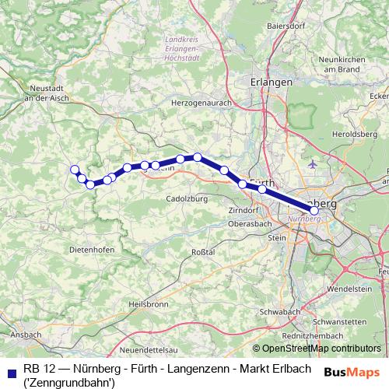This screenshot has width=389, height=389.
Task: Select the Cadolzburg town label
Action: (184, 198)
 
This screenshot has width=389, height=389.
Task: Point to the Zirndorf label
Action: (244, 211)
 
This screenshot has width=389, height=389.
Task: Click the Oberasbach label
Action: (249, 225)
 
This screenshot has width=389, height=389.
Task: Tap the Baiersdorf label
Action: (285, 26)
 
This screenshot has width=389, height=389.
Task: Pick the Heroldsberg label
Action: (359, 134)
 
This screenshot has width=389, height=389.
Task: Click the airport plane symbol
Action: (313, 164)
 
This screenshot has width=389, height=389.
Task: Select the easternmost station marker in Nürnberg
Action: (314, 209)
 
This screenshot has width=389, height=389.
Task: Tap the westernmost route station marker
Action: (75, 170)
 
